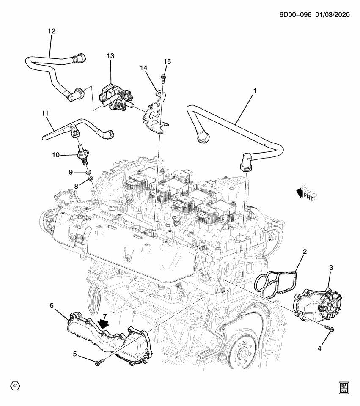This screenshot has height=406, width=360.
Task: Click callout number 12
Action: pos(52,31)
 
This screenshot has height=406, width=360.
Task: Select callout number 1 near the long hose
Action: pos(255,91)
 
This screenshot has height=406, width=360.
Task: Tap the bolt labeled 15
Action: pos(163,77)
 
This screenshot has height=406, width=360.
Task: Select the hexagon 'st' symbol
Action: pos(15,386)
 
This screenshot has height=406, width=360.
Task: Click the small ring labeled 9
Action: pos(89,173)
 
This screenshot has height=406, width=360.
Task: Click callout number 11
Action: pos(45,114)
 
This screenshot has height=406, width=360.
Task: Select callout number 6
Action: pos(52,305)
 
